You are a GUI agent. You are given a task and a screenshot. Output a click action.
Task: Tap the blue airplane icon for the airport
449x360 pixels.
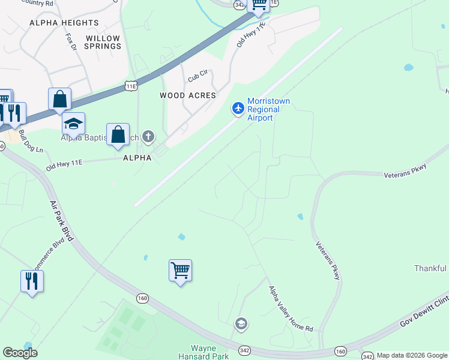coord(238,108)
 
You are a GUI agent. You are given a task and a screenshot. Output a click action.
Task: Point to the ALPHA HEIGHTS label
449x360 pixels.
coord(64,23)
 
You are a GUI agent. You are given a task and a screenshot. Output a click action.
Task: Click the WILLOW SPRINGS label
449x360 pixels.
coord(103,42)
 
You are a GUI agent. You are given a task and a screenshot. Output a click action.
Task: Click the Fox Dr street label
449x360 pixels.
coord(71,43)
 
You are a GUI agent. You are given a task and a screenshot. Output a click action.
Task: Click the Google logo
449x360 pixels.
coord(20,353)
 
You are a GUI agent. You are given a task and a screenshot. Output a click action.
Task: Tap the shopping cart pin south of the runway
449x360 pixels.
coord(180,271)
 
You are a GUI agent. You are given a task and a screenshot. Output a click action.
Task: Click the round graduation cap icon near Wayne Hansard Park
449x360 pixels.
coord(241,325)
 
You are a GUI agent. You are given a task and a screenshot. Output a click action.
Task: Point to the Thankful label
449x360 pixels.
coord(431,268)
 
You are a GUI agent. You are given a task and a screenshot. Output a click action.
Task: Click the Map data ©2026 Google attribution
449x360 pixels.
coord(412,355)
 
